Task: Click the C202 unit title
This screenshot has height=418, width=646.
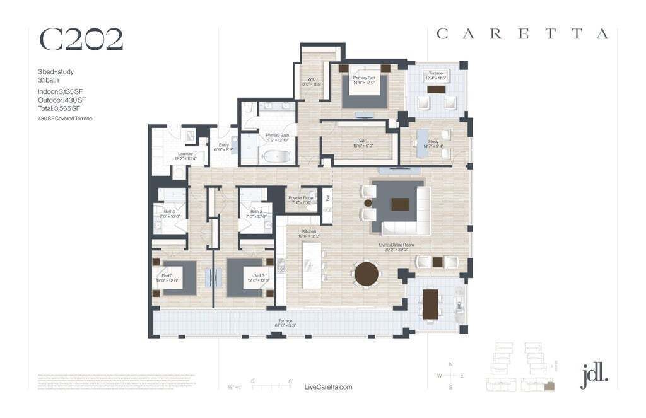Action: (81, 39)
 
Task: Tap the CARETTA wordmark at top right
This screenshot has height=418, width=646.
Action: (522, 35)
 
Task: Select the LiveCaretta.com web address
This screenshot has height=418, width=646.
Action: (327, 387)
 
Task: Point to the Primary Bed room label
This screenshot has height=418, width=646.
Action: (364, 80)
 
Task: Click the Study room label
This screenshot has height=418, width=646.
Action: (433, 144)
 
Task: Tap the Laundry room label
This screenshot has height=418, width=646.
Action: (185, 156)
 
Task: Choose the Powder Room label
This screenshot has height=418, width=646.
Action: (301, 200)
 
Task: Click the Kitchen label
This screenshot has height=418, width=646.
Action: (309, 233)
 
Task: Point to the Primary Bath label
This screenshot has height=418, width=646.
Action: (277, 137)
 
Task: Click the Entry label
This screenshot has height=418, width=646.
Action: (224, 148)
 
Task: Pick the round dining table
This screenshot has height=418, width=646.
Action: (367, 274)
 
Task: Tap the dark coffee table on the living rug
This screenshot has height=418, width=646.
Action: (400, 204)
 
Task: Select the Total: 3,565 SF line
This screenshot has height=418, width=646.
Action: (59, 108)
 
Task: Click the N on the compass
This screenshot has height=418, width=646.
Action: (450, 364)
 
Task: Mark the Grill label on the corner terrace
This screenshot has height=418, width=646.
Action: (459, 305)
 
